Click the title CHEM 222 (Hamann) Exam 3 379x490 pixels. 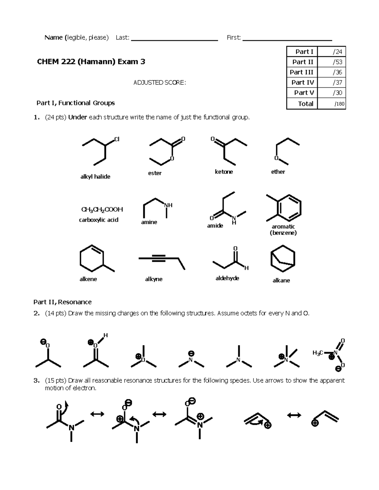pos(91,62)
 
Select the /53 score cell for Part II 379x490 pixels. pos(331,62)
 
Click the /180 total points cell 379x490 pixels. pos(332,103)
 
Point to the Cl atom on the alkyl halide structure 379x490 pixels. pos(117,139)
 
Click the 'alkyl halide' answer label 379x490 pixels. pos(95,177)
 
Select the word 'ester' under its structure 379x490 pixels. pos(155,173)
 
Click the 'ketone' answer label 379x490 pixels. pos(224,172)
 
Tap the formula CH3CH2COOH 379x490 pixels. pos(102,210)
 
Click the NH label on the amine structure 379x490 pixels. pos(168,205)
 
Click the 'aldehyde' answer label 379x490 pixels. pos(227,278)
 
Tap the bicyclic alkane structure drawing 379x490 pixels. pos(283,258)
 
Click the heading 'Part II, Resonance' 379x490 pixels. pos(63,302)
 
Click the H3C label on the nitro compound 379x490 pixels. pos(317,353)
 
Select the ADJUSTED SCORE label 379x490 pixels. pos(159,83)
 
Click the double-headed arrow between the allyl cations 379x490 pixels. pos(294,416)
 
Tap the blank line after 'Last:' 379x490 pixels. pos(174,38)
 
